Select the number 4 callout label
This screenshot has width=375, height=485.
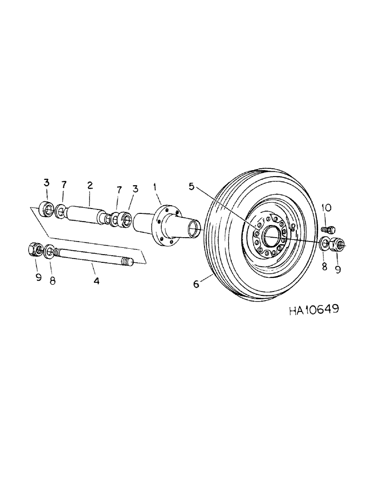point(96,281)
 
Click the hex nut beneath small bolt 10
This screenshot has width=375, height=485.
point(336,244)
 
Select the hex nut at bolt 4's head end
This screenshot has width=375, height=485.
point(35,250)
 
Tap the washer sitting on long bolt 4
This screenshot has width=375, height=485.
point(50,252)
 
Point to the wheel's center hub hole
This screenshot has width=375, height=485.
point(271,236)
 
